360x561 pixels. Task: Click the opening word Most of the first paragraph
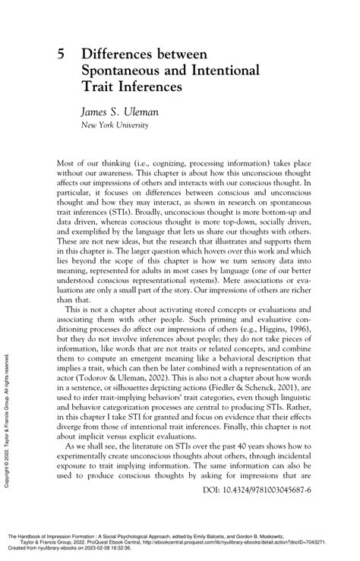coord(69,162)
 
